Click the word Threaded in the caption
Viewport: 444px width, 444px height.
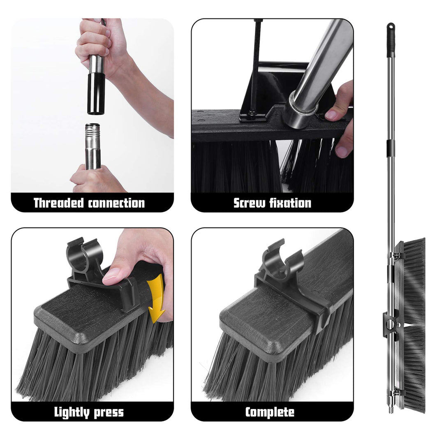tap(59, 203)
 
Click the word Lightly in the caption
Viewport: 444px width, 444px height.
tap(72, 412)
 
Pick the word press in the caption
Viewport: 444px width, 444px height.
tap(110, 412)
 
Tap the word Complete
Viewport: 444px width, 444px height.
tap(270, 412)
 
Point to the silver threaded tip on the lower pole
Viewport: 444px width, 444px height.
tap(93, 136)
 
